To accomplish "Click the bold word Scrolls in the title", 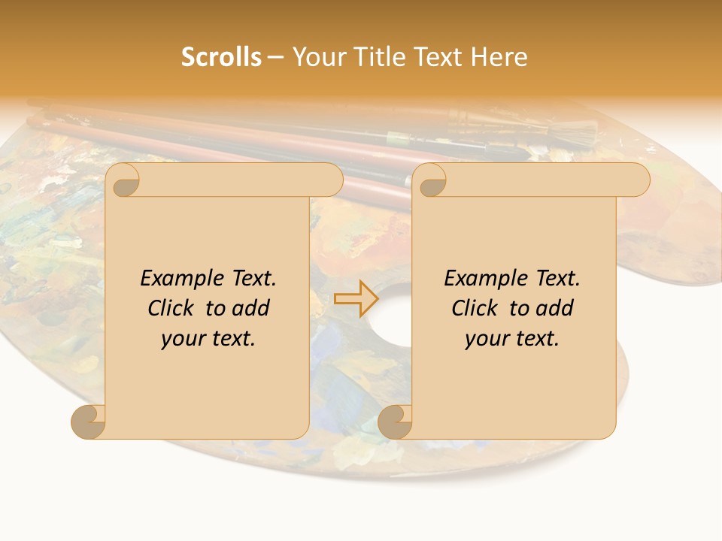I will click(x=221, y=57).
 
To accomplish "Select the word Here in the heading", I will click(x=499, y=57).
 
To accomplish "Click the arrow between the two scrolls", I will click(x=356, y=299).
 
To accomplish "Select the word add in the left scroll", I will click(x=251, y=308).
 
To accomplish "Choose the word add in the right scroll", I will click(x=555, y=308).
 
